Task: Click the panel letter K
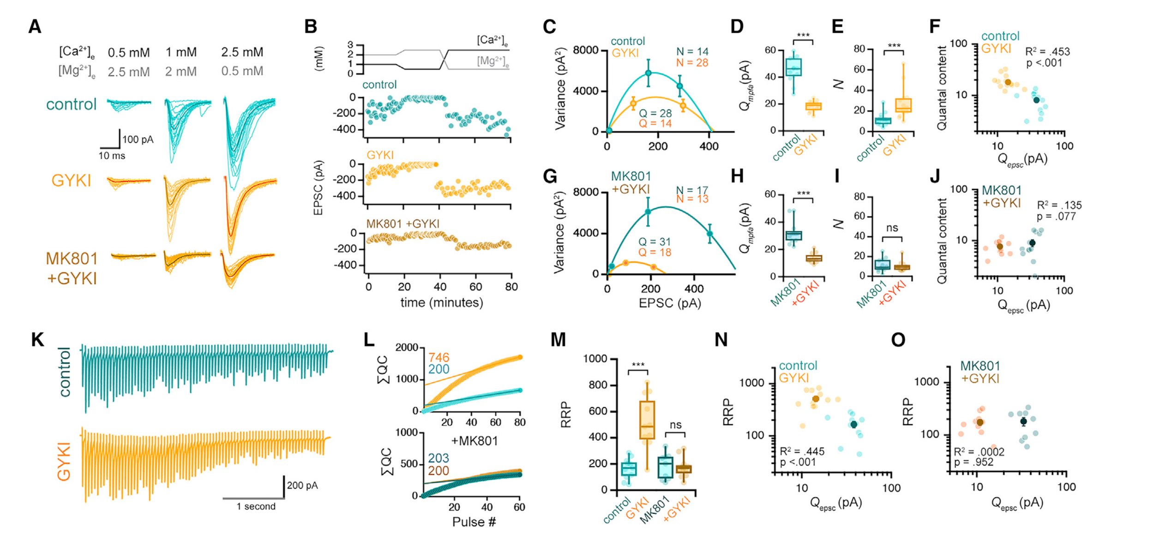coord(37,340)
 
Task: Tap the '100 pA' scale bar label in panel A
coord(138,139)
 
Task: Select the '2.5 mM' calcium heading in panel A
coord(242,52)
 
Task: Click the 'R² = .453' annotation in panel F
coord(1047,52)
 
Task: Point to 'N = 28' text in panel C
coord(692,63)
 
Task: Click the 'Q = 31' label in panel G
coord(655,242)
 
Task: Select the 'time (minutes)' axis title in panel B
coord(441,303)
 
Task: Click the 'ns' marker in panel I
coord(892,228)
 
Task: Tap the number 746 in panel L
coord(438,357)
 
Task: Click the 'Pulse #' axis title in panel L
coord(474,522)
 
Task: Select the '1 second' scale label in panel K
coord(256,506)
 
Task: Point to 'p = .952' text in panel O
coord(974,462)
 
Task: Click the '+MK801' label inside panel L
coord(474,441)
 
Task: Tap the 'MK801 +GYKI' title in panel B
coord(403,224)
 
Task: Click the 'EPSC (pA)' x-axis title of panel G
coord(669,303)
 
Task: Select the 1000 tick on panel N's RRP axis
coord(751,383)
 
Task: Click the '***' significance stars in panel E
coord(894,46)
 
